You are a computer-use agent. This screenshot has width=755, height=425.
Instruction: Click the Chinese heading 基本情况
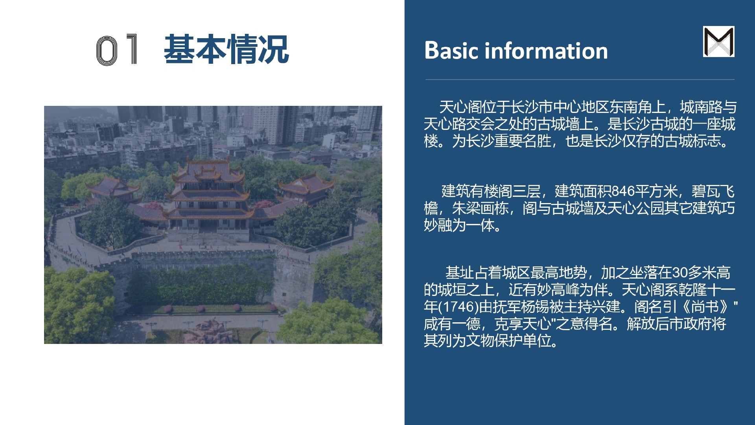[x=226, y=49]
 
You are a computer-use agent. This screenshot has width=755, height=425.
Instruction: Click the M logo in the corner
[x=718, y=42]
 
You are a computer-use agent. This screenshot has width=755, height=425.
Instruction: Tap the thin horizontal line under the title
[x=580, y=79]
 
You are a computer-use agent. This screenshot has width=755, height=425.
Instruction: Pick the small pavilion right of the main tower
[x=306, y=188]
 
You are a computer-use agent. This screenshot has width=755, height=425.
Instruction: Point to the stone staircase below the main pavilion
[x=208, y=238]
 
